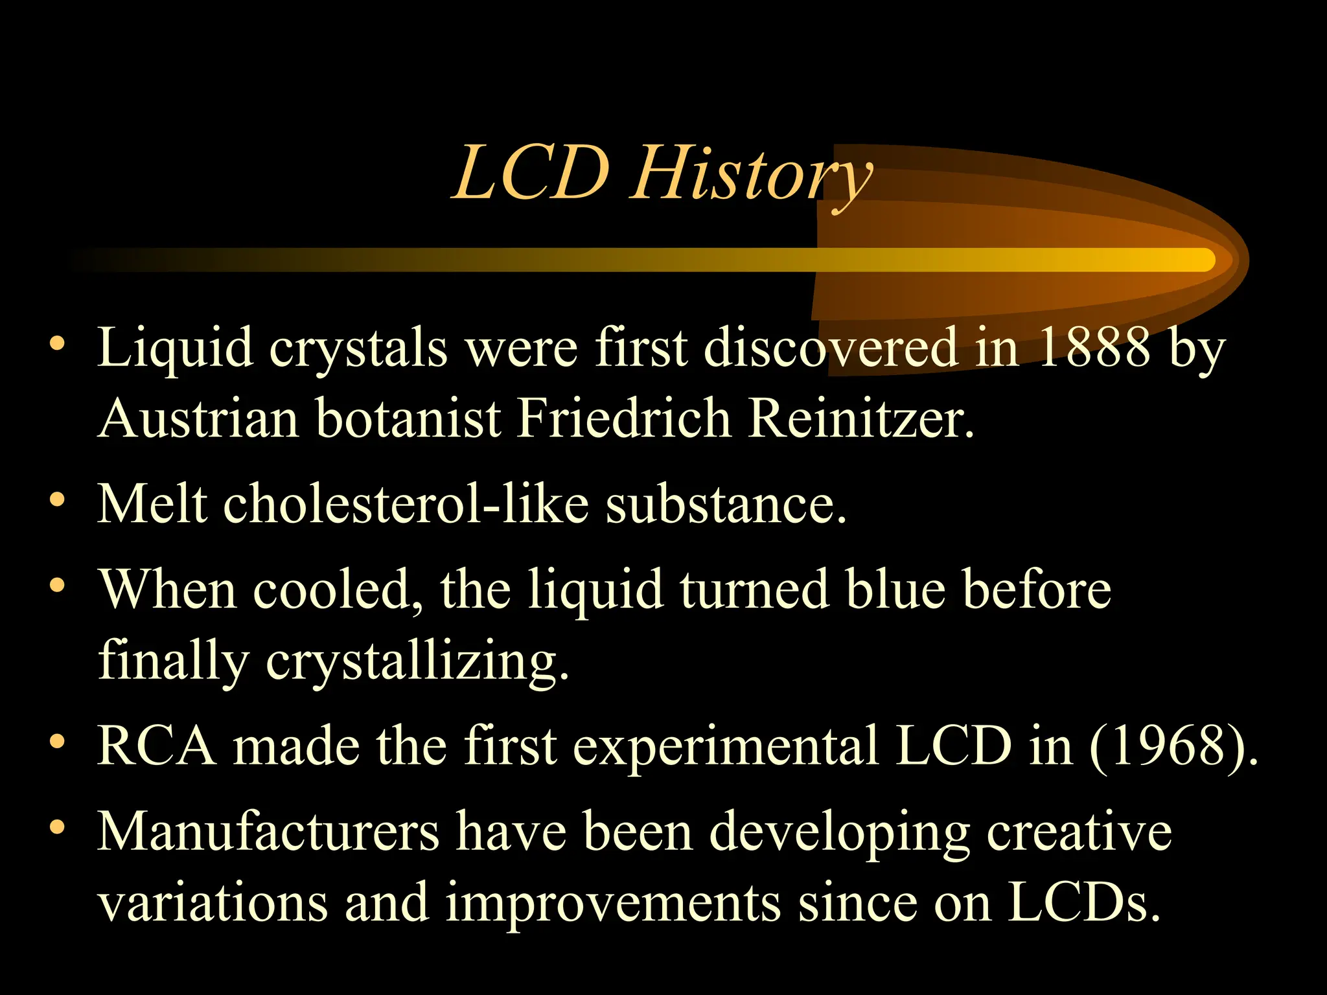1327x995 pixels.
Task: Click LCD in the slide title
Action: point(531,174)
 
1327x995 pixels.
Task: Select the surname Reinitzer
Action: point(860,418)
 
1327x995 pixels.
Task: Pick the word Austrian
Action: point(200,418)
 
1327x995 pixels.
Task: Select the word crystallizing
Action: point(417,661)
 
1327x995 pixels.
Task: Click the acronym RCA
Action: point(157,746)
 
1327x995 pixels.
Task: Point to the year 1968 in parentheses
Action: point(1173,746)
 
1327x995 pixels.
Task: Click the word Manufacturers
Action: point(268,832)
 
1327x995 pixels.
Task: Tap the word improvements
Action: point(613,903)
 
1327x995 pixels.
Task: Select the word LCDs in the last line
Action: point(1083,903)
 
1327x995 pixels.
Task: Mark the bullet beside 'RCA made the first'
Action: point(58,742)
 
